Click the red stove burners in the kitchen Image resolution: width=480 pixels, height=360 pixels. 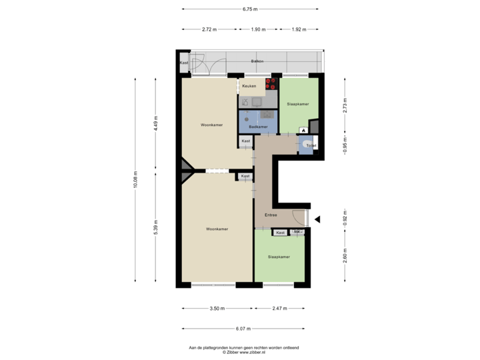point(271,84)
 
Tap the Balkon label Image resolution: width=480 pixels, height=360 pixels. point(257,61)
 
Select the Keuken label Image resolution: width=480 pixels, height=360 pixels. point(249,86)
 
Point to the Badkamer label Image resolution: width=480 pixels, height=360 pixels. point(258,127)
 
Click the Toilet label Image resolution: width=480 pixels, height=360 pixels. point(311,145)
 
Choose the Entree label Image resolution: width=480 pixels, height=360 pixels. point(271,215)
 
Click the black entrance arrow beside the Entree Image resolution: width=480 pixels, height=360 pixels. point(318,219)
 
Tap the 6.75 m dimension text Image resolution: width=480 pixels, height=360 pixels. point(251,9)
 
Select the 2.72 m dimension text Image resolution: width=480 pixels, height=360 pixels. point(209,29)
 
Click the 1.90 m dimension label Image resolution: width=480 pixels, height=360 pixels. point(258,29)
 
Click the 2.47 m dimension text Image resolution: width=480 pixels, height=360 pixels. point(279,309)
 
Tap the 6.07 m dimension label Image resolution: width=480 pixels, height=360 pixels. point(243,328)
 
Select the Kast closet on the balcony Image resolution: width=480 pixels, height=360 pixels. point(183,63)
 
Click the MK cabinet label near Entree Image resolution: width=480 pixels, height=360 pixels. point(297,231)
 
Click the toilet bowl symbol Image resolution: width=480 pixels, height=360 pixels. point(307,144)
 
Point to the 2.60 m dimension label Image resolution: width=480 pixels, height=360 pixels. point(345,256)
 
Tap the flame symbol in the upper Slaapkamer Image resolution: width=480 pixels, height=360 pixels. point(304,130)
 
